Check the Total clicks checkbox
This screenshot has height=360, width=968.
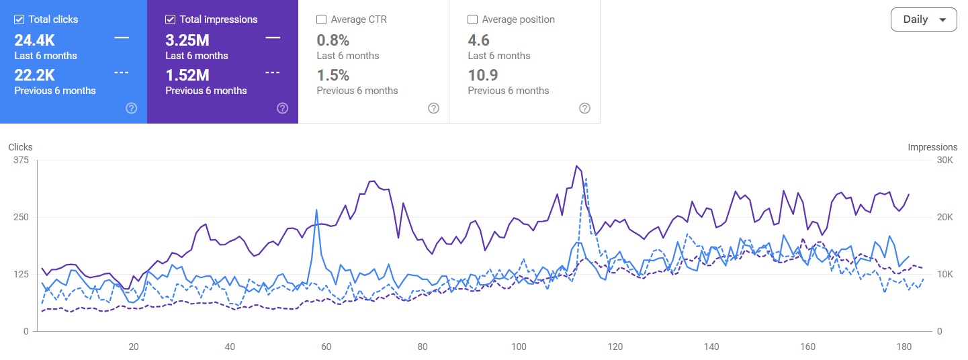[x=19, y=19]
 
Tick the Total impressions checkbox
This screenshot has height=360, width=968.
[x=171, y=19]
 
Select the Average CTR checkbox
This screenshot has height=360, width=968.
[x=322, y=19]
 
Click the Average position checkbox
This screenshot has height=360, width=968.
[x=473, y=19]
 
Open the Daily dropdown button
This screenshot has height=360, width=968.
[x=923, y=19]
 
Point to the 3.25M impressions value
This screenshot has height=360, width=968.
[x=187, y=40]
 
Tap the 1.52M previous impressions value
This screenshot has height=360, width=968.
[x=187, y=75]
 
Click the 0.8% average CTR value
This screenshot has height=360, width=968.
[x=333, y=40]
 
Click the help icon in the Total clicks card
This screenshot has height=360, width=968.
[x=132, y=108]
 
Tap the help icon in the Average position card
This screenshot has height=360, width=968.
[x=584, y=108]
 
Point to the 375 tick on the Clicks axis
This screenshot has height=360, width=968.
[x=21, y=160]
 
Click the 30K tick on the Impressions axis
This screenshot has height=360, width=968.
[x=944, y=160]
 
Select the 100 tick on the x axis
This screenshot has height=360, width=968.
[x=519, y=347]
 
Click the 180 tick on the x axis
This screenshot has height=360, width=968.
[x=904, y=347]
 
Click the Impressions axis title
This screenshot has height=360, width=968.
[x=932, y=147]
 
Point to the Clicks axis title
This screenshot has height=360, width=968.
[x=20, y=147]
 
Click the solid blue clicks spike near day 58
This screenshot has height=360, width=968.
[x=316, y=211]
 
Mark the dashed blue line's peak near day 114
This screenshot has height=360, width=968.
[x=586, y=179]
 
